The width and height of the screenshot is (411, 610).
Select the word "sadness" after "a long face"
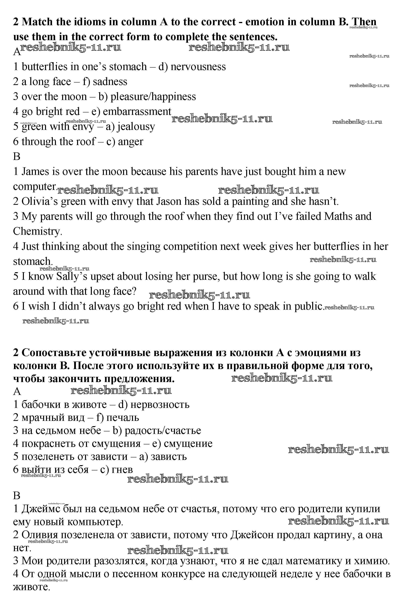110,82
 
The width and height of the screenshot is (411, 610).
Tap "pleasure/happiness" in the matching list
153,97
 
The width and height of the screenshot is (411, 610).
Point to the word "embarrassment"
137,112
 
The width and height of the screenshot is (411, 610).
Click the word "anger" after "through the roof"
130,142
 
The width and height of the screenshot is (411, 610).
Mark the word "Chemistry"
37,231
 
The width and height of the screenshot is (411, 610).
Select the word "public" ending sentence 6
308,306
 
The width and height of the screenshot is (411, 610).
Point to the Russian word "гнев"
122,469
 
